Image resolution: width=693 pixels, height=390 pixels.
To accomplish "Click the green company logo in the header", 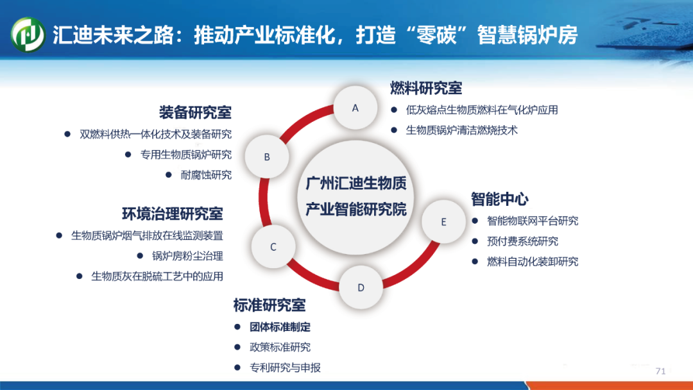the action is pyautogui.click(x=28, y=35).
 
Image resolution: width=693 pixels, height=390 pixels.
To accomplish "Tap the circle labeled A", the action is pyautogui.click(x=355, y=108).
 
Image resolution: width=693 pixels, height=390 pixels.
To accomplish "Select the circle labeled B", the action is pyautogui.click(x=267, y=157).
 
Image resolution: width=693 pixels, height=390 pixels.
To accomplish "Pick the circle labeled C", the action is pyautogui.click(x=273, y=247).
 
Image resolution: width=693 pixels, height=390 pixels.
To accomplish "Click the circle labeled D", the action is pyautogui.click(x=361, y=287).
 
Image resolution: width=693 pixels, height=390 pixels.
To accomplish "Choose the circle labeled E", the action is pyautogui.click(x=443, y=222).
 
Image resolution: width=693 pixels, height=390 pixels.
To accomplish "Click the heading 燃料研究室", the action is pyautogui.click(x=426, y=89).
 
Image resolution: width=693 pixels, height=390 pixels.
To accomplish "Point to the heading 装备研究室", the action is pyautogui.click(x=195, y=112).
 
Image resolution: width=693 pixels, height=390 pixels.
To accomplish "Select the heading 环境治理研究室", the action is pyautogui.click(x=173, y=214).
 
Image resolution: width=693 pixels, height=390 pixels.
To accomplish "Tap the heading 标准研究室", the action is pyautogui.click(x=269, y=305).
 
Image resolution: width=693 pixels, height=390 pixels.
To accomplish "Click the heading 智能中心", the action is pyautogui.click(x=500, y=199).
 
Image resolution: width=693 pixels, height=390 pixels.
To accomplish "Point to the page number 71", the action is pyautogui.click(x=661, y=371).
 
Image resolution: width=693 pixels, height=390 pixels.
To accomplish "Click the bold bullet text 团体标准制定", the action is pyautogui.click(x=280, y=327).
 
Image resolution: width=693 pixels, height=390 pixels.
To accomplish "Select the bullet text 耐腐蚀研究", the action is pyautogui.click(x=206, y=175).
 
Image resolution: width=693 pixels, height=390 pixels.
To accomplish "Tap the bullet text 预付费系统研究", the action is pyautogui.click(x=522, y=241).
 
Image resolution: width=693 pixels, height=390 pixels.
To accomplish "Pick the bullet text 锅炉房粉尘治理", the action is pyautogui.click(x=187, y=256).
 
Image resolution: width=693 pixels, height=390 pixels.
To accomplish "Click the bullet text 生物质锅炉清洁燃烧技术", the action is pyautogui.click(x=461, y=130).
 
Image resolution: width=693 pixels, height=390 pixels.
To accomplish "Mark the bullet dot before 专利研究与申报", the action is pyautogui.click(x=237, y=368).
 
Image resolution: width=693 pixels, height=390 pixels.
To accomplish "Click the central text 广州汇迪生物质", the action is pyautogui.click(x=355, y=183).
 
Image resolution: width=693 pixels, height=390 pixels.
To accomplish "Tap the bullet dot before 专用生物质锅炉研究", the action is pyautogui.click(x=128, y=155).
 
